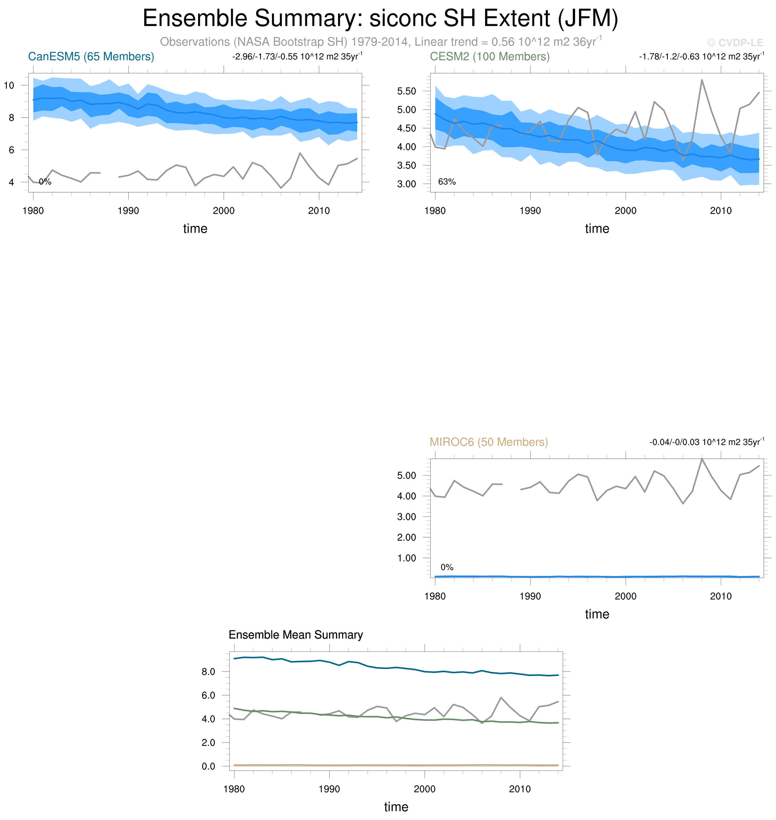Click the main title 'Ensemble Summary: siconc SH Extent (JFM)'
380,19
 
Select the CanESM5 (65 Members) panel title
91,57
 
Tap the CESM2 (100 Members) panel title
490,57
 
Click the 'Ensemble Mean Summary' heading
295,635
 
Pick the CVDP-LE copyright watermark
735,43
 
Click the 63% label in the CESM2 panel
447,182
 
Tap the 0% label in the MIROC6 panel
447,567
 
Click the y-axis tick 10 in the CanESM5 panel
9,86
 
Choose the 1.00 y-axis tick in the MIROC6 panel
407,558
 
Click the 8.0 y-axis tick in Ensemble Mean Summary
208,672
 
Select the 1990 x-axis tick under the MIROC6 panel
530,596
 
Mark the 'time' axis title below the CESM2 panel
597,228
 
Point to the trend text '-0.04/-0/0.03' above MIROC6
673,442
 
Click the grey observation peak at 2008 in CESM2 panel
702,80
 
